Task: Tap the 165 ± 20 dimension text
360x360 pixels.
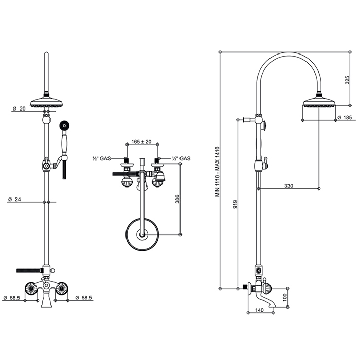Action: (141, 141)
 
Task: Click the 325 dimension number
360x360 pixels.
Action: (347, 80)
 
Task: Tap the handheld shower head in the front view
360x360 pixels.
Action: (64, 125)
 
